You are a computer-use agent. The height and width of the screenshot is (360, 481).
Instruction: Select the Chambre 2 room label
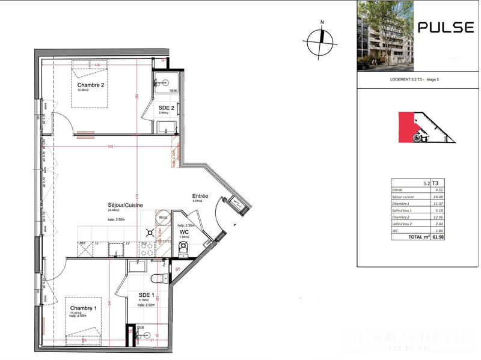pyautogui.click(x=91, y=85)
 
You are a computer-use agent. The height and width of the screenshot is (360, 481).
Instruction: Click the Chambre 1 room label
pyautogui.click(x=84, y=308)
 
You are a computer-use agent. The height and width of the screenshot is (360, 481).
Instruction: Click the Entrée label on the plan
pyautogui.click(x=200, y=196)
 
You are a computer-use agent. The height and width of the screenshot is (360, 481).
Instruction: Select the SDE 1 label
pyautogui.click(x=147, y=294)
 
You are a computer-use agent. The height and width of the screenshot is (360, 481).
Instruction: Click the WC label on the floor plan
pyautogui.click(x=185, y=231)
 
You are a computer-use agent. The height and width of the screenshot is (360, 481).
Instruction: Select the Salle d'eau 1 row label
pyautogui.click(x=405, y=211)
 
